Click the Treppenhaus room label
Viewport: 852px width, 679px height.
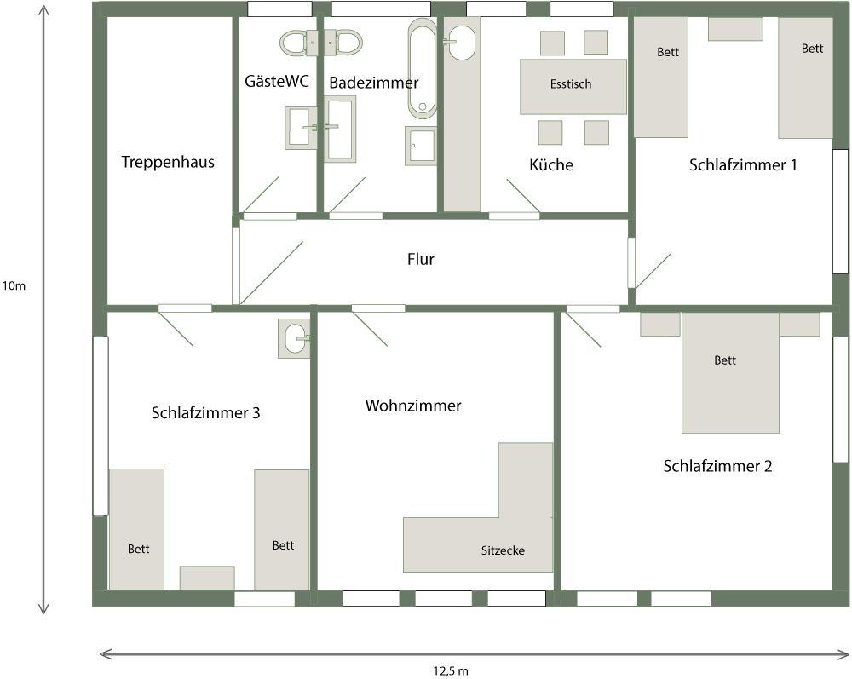pyautogui.click(x=168, y=162)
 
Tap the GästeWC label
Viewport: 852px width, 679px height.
pyautogui.click(x=277, y=81)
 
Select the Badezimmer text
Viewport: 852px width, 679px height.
pyautogui.click(x=374, y=83)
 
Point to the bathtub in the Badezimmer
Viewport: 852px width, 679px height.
pyautogui.click(x=423, y=69)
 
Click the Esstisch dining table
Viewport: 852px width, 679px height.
pyautogui.click(x=573, y=86)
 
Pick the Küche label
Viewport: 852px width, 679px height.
pyautogui.click(x=551, y=164)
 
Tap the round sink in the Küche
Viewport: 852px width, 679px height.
pyautogui.click(x=461, y=43)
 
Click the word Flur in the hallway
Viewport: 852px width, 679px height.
pyautogui.click(x=421, y=259)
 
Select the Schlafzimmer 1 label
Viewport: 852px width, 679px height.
pyautogui.click(x=743, y=164)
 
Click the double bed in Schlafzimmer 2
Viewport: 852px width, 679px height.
pyautogui.click(x=730, y=372)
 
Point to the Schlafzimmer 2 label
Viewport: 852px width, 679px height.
pyautogui.click(x=717, y=465)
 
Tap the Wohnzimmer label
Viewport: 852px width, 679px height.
pyautogui.click(x=413, y=406)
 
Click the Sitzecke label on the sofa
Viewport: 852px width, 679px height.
pyautogui.click(x=503, y=550)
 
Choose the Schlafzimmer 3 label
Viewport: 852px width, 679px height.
pyautogui.click(x=205, y=412)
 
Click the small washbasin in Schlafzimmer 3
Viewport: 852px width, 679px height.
pyautogui.click(x=294, y=338)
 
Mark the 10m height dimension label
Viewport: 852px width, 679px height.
pyautogui.click(x=14, y=285)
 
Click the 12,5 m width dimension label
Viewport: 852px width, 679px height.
pyautogui.click(x=451, y=670)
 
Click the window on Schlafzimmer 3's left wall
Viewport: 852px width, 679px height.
pyautogui.click(x=101, y=426)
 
